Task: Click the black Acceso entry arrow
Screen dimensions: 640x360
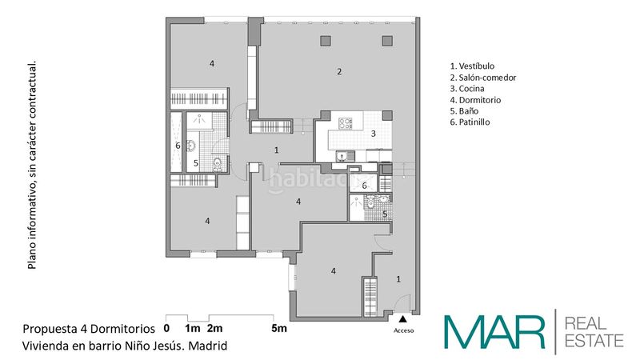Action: (x=403, y=319)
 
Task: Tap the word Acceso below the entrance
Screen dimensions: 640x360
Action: (x=404, y=330)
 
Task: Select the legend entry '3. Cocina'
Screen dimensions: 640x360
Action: (x=467, y=89)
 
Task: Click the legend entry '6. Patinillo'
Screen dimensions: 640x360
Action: (x=470, y=122)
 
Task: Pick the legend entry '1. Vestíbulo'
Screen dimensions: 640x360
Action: (x=472, y=66)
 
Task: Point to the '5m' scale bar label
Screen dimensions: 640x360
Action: (x=279, y=328)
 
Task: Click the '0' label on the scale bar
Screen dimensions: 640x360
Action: (x=166, y=328)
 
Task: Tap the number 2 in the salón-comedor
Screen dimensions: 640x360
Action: (x=339, y=72)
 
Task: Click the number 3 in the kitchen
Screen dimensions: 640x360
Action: (x=373, y=134)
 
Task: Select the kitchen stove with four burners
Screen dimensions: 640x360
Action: (x=346, y=123)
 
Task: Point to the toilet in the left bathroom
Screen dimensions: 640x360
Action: (x=217, y=164)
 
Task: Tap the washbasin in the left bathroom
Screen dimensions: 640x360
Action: (x=191, y=146)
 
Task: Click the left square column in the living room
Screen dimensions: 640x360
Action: (x=326, y=41)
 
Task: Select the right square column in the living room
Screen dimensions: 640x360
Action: (x=387, y=41)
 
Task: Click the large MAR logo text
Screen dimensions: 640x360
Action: (x=494, y=332)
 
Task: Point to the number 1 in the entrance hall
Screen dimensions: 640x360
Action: (x=398, y=279)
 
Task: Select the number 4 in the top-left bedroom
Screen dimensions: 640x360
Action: (x=212, y=64)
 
